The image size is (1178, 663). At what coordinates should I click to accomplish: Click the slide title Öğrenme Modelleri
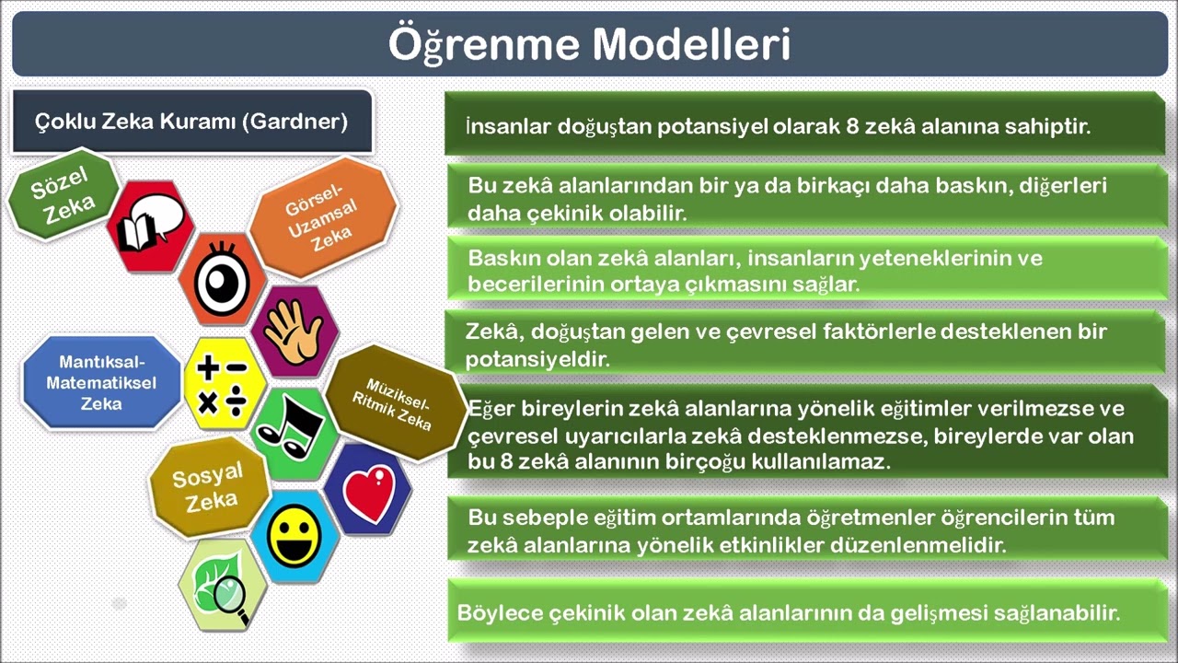(x=589, y=44)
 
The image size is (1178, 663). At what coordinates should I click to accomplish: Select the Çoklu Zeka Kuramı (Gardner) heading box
(x=191, y=122)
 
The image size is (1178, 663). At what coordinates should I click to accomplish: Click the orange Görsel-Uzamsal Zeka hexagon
(x=321, y=217)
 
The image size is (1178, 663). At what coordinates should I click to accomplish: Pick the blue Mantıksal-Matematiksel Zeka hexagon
(x=101, y=382)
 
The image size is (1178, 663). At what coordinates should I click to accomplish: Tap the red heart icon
(x=368, y=489)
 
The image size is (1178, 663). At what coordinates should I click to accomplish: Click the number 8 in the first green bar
(x=852, y=126)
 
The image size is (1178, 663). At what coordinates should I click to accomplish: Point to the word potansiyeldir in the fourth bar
(x=538, y=359)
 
